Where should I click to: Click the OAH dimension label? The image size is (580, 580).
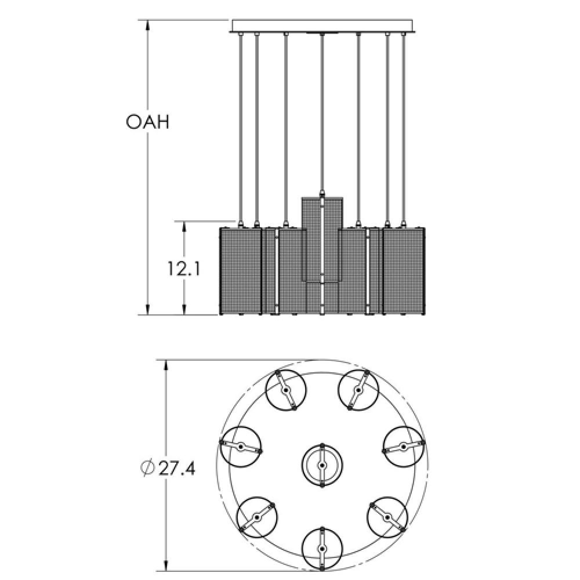[x=147, y=122]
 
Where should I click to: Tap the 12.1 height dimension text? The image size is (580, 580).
[x=184, y=269]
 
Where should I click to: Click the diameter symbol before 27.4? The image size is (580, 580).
[x=148, y=468]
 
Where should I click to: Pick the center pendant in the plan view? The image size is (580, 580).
[x=322, y=465]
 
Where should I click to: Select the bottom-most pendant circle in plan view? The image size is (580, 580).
[x=322, y=548]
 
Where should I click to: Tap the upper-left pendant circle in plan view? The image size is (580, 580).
[x=285, y=390]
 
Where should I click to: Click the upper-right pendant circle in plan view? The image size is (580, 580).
[x=359, y=390]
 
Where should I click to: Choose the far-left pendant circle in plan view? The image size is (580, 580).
[x=241, y=446]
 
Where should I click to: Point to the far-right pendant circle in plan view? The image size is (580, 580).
[x=404, y=446]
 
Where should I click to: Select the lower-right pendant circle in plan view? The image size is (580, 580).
[x=387, y=516]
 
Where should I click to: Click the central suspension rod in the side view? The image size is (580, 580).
[x=322, y=110]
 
